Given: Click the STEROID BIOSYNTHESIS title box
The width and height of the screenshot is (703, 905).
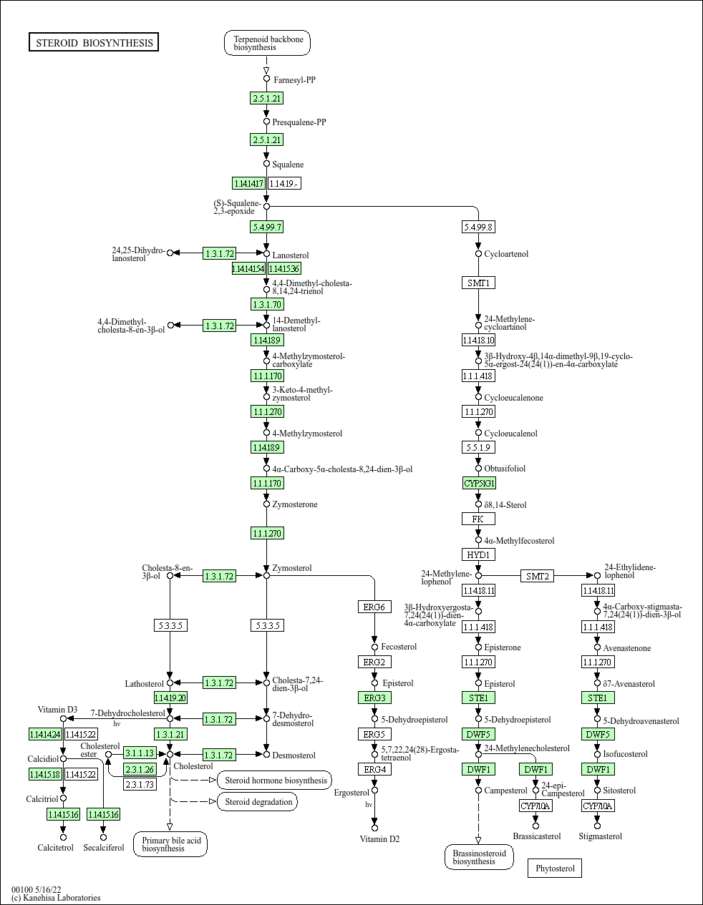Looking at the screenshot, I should (94, 43).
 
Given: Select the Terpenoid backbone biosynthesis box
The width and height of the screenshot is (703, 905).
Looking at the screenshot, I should (268, 43).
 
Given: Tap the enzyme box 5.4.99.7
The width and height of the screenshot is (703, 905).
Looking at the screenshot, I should (266, 227).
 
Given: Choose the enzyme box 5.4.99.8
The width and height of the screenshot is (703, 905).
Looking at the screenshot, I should (478, 227).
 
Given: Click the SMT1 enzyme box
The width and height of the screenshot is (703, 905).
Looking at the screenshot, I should (478, 283).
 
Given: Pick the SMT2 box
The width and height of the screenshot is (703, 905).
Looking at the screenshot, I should (537, 576).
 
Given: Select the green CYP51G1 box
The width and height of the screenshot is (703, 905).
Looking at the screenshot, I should (479, 483).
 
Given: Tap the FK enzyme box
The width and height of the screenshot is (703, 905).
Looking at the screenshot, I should (478, 519).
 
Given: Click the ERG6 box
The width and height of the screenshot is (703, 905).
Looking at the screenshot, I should (374, 607).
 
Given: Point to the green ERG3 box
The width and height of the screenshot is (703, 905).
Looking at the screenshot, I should (374, 698).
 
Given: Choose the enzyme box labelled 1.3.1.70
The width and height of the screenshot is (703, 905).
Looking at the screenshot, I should (266, 304).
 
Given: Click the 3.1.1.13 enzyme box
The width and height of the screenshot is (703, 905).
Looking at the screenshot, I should (139, 753).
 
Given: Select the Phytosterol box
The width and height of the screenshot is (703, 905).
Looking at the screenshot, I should (555, 869).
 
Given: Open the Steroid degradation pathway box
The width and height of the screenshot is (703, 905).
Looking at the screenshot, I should (258, 802).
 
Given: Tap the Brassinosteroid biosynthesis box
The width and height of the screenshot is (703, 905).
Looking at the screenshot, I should (479, 857).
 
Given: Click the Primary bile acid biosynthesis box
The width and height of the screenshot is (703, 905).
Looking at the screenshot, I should (170, 844).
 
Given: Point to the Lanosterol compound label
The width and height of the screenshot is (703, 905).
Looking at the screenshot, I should (291, 255).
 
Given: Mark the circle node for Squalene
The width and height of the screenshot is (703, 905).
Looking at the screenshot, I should (266, 165).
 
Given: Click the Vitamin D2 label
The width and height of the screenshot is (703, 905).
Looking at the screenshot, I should (379, 839).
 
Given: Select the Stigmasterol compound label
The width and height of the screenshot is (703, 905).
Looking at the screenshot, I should (600, 836).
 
